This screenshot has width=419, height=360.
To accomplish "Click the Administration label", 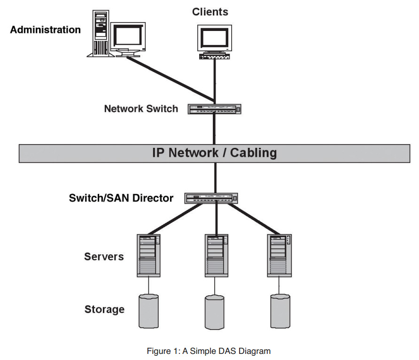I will (45, 30).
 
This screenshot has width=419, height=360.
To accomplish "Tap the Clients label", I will (210, 12).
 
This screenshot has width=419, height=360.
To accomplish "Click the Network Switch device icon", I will (215, 109).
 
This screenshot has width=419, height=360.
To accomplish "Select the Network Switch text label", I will (141, 109).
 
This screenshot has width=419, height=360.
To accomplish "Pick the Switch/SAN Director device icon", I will (211, 198).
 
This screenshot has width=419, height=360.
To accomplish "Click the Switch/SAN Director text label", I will (121, 198).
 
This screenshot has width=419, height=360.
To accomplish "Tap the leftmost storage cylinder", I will (149, 311).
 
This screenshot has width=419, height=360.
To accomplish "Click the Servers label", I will (104, 257).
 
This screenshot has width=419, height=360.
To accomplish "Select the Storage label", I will (104, 309).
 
